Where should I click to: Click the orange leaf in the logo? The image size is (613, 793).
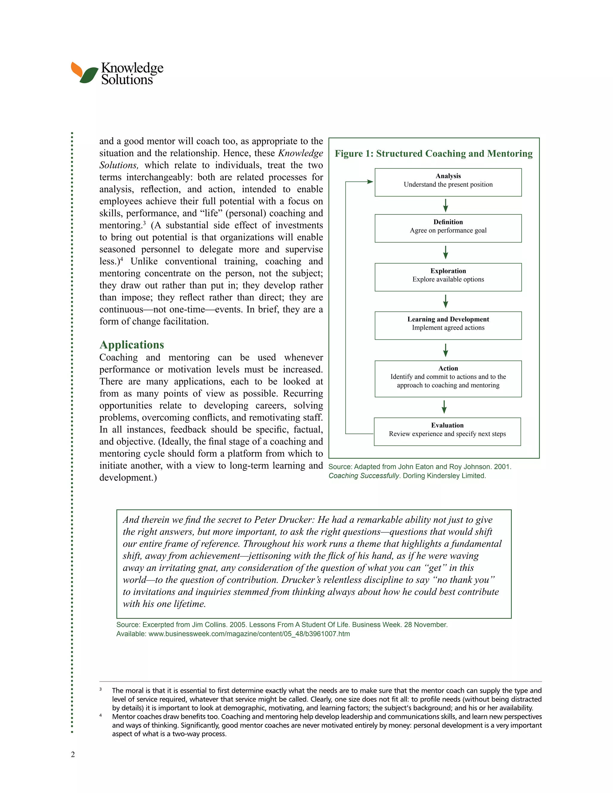tap(76, 69)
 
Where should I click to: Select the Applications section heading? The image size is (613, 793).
tap(131, 344)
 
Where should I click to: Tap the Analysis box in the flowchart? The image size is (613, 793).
tap(448, 182)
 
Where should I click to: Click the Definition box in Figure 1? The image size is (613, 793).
tap(448, 228)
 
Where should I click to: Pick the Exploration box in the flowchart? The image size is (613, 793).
tap(448, 277)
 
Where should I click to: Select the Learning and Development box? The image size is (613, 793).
tap(448, 325)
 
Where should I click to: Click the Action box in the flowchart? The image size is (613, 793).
tap(448, 379)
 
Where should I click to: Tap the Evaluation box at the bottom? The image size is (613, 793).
tap(447, 431)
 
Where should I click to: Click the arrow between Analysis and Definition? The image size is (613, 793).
tap(446, 206)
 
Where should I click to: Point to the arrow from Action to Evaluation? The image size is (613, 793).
tap(444, 407)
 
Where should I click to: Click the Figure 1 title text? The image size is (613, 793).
tap(434, 154)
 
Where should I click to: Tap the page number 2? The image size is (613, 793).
tap(73, 754)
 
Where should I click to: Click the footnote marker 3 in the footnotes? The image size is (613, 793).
tap(101, 689)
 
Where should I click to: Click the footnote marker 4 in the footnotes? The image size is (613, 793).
tap(101, 715)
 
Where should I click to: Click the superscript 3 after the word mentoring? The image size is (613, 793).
tap(144, 223)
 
